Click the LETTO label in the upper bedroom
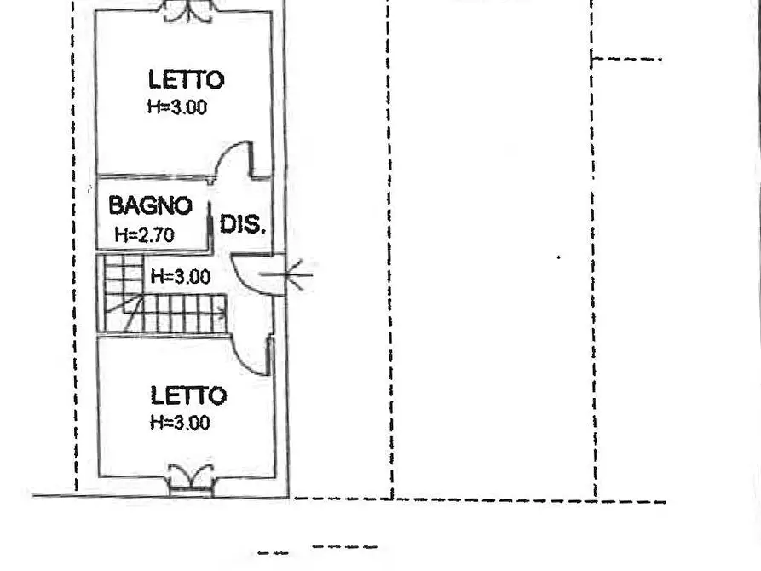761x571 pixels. tap(186, 80)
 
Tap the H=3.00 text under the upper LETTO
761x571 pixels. tap(177, 107)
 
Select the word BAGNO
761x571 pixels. tap(150, 206)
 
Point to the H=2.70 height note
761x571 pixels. tap(144, 235)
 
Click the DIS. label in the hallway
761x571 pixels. tap(243, 225)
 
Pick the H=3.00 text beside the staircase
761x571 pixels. tap(180, 276)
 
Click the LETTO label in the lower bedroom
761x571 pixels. tap(188, 395)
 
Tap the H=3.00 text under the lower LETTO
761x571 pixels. tap(180, 423)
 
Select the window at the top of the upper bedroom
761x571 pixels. tap(187, 10)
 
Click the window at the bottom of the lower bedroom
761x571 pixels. tap(189, 479)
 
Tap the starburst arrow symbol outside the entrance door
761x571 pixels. tap(298, 274)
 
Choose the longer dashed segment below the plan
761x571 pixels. tap(344, 547)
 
